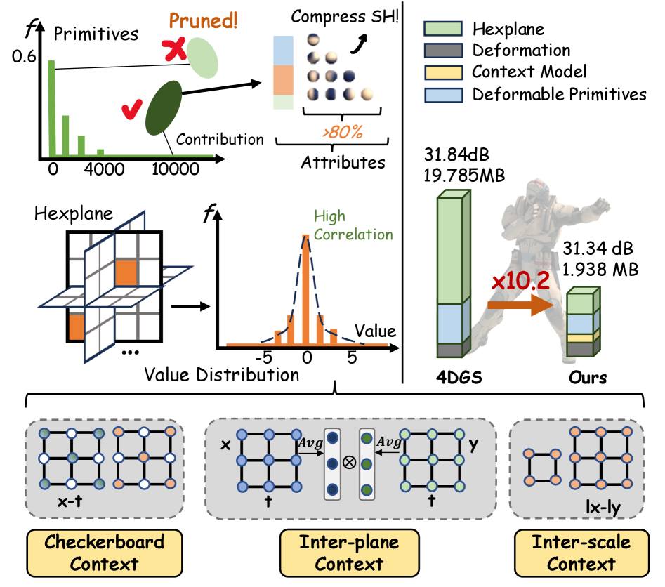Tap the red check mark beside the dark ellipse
coord(132,109)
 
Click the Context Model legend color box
coord(442,72)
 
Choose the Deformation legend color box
coord(442,50)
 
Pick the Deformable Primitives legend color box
coord(442,93)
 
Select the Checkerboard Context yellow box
coord(103,553)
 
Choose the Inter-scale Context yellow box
coord(581,553)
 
